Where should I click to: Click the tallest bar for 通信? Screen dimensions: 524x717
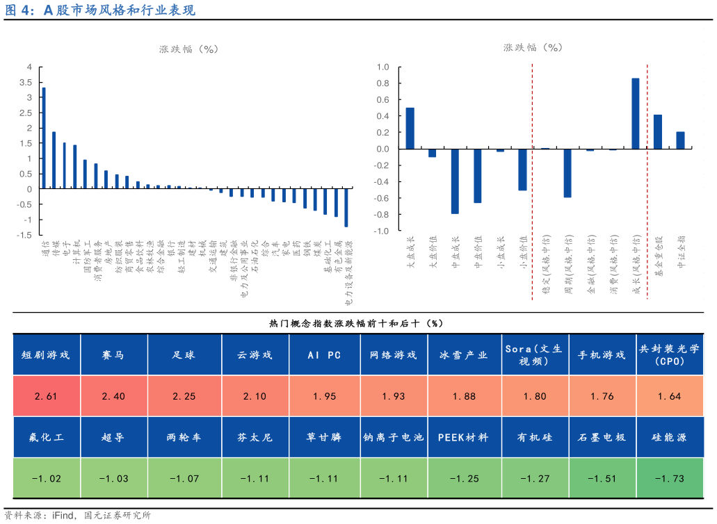point(45,138)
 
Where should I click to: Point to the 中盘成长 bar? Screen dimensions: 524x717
point(455,181)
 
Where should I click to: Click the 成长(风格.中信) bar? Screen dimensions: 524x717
point(635,113)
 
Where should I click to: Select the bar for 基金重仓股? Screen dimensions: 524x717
point(658,131)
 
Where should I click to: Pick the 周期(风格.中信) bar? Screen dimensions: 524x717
point(567,173)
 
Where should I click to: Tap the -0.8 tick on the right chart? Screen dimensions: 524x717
point(382,214)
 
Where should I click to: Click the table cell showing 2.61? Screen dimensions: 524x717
point(46,396)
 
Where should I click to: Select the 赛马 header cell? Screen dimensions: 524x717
point(115,355)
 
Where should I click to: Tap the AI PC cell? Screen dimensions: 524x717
point(325,355)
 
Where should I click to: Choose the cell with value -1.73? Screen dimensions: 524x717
point(669,478)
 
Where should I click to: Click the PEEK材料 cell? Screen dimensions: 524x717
point(464,438)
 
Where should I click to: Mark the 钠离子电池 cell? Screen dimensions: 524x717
point(394,438)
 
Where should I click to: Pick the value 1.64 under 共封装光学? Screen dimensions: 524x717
point(669,396)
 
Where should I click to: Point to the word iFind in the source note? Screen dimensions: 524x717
point(65,515)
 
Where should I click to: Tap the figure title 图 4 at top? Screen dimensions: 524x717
point(19,10)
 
